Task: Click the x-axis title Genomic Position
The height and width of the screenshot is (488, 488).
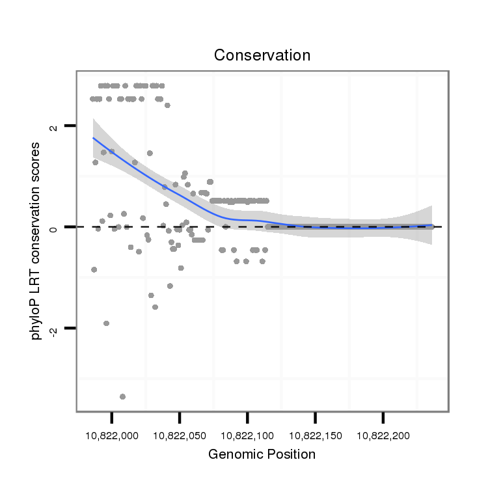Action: click(262, 454)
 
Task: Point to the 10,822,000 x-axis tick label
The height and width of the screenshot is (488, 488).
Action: click(112, 434)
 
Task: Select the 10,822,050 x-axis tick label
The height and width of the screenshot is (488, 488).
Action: click(180, 434)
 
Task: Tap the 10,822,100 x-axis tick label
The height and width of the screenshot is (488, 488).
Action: click(247, 434)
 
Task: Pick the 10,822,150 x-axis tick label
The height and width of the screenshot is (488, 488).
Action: click(315, 434)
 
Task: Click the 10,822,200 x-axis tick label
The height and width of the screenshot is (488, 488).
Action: click(383, 434)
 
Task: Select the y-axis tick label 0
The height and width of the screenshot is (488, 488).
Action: click(53, 227)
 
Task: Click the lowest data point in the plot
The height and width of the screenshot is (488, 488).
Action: click(122, 396)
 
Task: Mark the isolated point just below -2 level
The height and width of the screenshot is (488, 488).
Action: click(106, 323)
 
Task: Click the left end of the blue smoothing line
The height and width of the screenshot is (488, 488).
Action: click(93, 137)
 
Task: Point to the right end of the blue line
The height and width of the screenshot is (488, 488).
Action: click(431, 226)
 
